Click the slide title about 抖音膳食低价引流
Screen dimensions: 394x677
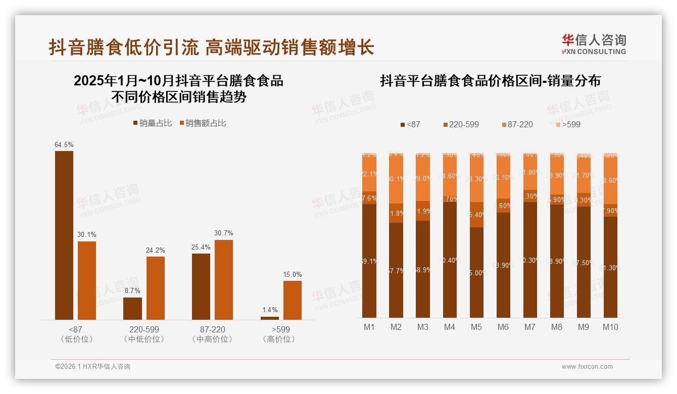click(x=211, y=47)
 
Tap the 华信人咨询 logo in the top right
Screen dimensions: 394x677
click(x=594, y=44)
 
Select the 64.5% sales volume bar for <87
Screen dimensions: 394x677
click(x=64, y=235)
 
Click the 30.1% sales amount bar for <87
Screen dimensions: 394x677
click(x=87, y=280)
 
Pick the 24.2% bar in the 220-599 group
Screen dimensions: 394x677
click(x=156, y=288)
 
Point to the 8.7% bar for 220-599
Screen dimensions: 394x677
click(x=133, y=309)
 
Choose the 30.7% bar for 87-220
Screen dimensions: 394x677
click(x=224, y=279)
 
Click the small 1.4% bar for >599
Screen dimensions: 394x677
click(x=269, y=318)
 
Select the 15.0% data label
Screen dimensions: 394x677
click(x=293, y=275)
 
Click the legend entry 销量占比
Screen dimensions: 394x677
click(x=152, y=123)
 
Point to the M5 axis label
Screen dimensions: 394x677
click(x=476, y=327)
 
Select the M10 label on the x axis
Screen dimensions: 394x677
click(x=610, y=327)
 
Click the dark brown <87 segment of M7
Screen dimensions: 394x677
click(x=530, y=260)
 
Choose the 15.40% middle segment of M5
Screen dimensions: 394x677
click(x=476, y=215)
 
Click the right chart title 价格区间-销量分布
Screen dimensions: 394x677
click(x=490, y=81)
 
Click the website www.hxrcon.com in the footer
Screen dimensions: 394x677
click(x=587, y=367)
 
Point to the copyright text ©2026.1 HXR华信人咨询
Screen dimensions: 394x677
click(x=93, y=367)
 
